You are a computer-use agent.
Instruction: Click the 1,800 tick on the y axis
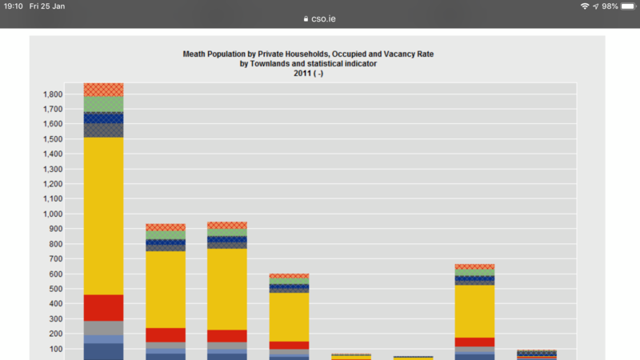tap(52, 94)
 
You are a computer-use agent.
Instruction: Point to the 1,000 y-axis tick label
tap(52, 214)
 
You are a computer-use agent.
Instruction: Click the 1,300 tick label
tap(52, 170)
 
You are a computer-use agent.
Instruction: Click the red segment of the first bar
tap(104, 308)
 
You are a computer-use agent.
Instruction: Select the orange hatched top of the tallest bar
tap(104, 90)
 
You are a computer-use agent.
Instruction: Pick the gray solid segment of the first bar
tap(104, 328)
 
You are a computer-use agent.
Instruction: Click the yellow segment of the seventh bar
tap(474, 311)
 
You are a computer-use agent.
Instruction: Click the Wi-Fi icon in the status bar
tap(586, 6)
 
